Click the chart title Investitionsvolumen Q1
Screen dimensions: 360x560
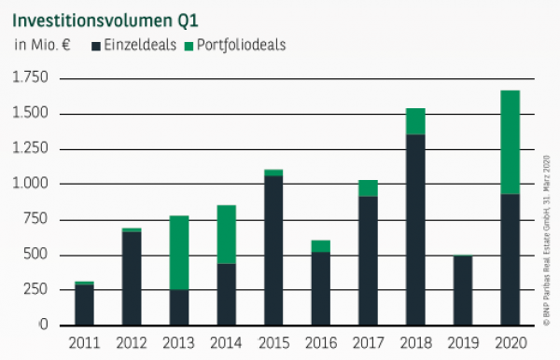click(x=105, y=17)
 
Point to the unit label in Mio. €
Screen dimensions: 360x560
click(x=42, y=44)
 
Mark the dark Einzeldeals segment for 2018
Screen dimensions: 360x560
click(x=415, y=229)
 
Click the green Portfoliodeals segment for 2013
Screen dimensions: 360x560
click(x=180, y=253)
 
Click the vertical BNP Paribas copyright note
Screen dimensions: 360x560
click(x=546, y=233)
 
